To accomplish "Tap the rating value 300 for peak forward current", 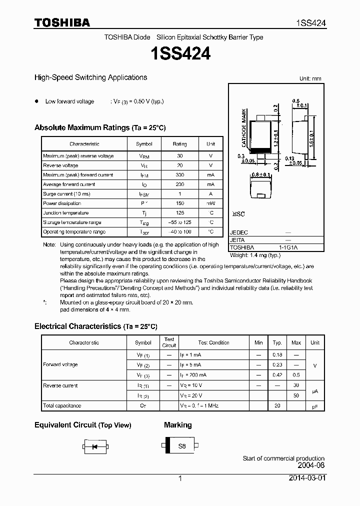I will [x=179, y=175].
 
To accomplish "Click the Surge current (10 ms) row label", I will [x=66, y=194].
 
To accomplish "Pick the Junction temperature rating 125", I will [x=179, y=213].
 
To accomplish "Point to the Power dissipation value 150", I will [x=179, y=203].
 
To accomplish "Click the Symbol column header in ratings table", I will [x=144, y=144].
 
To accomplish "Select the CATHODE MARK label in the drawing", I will [x=244, y=127].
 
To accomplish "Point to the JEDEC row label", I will [x=238, y=232].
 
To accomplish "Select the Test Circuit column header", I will [x=169, y=342].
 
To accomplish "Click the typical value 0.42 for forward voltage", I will [x=277, y=374].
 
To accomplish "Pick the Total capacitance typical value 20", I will [x=277, y=406].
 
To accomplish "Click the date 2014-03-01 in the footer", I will [x=306, y=478].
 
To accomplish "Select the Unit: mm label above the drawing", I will [x=310, y=78].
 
